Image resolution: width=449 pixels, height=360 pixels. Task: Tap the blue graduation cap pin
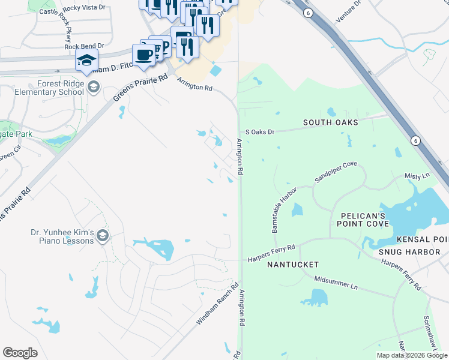tap(87, 61)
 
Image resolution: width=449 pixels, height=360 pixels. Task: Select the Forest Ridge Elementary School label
tap(52, 88)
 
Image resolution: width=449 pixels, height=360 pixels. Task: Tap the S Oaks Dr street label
tap(259, 131)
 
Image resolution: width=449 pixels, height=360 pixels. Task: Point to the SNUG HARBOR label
tap(409, 252)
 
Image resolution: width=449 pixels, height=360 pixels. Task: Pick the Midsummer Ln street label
tap(336, 283)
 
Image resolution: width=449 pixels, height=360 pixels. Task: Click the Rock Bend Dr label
tap(84, 46)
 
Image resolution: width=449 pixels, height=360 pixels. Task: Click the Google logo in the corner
tap(20, 353)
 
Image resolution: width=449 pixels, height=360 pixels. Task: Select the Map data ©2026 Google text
tap(412, 355)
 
